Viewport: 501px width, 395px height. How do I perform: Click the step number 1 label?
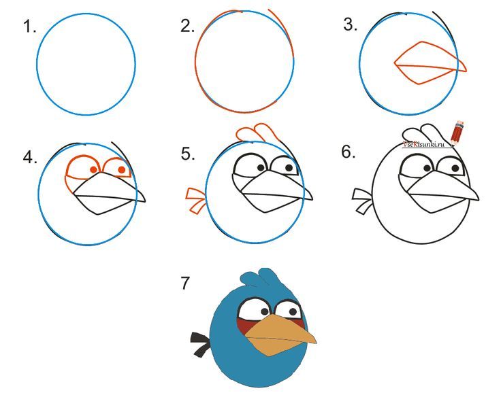click(29, 27)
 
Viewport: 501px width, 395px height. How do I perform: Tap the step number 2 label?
click(187, 26)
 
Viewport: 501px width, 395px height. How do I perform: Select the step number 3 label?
click(351, 25)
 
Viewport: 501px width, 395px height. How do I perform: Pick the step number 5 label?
click(187, 154)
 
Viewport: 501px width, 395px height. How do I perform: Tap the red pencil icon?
click(459, 131)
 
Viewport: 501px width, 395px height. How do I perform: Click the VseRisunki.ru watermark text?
click(423, 144)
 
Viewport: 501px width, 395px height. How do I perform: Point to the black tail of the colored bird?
click(200, 344)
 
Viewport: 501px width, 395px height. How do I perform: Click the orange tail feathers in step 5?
click(195, 201)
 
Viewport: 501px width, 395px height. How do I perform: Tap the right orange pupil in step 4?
click(122, 169)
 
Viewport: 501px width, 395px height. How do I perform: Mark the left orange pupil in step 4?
click(93, 170)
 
